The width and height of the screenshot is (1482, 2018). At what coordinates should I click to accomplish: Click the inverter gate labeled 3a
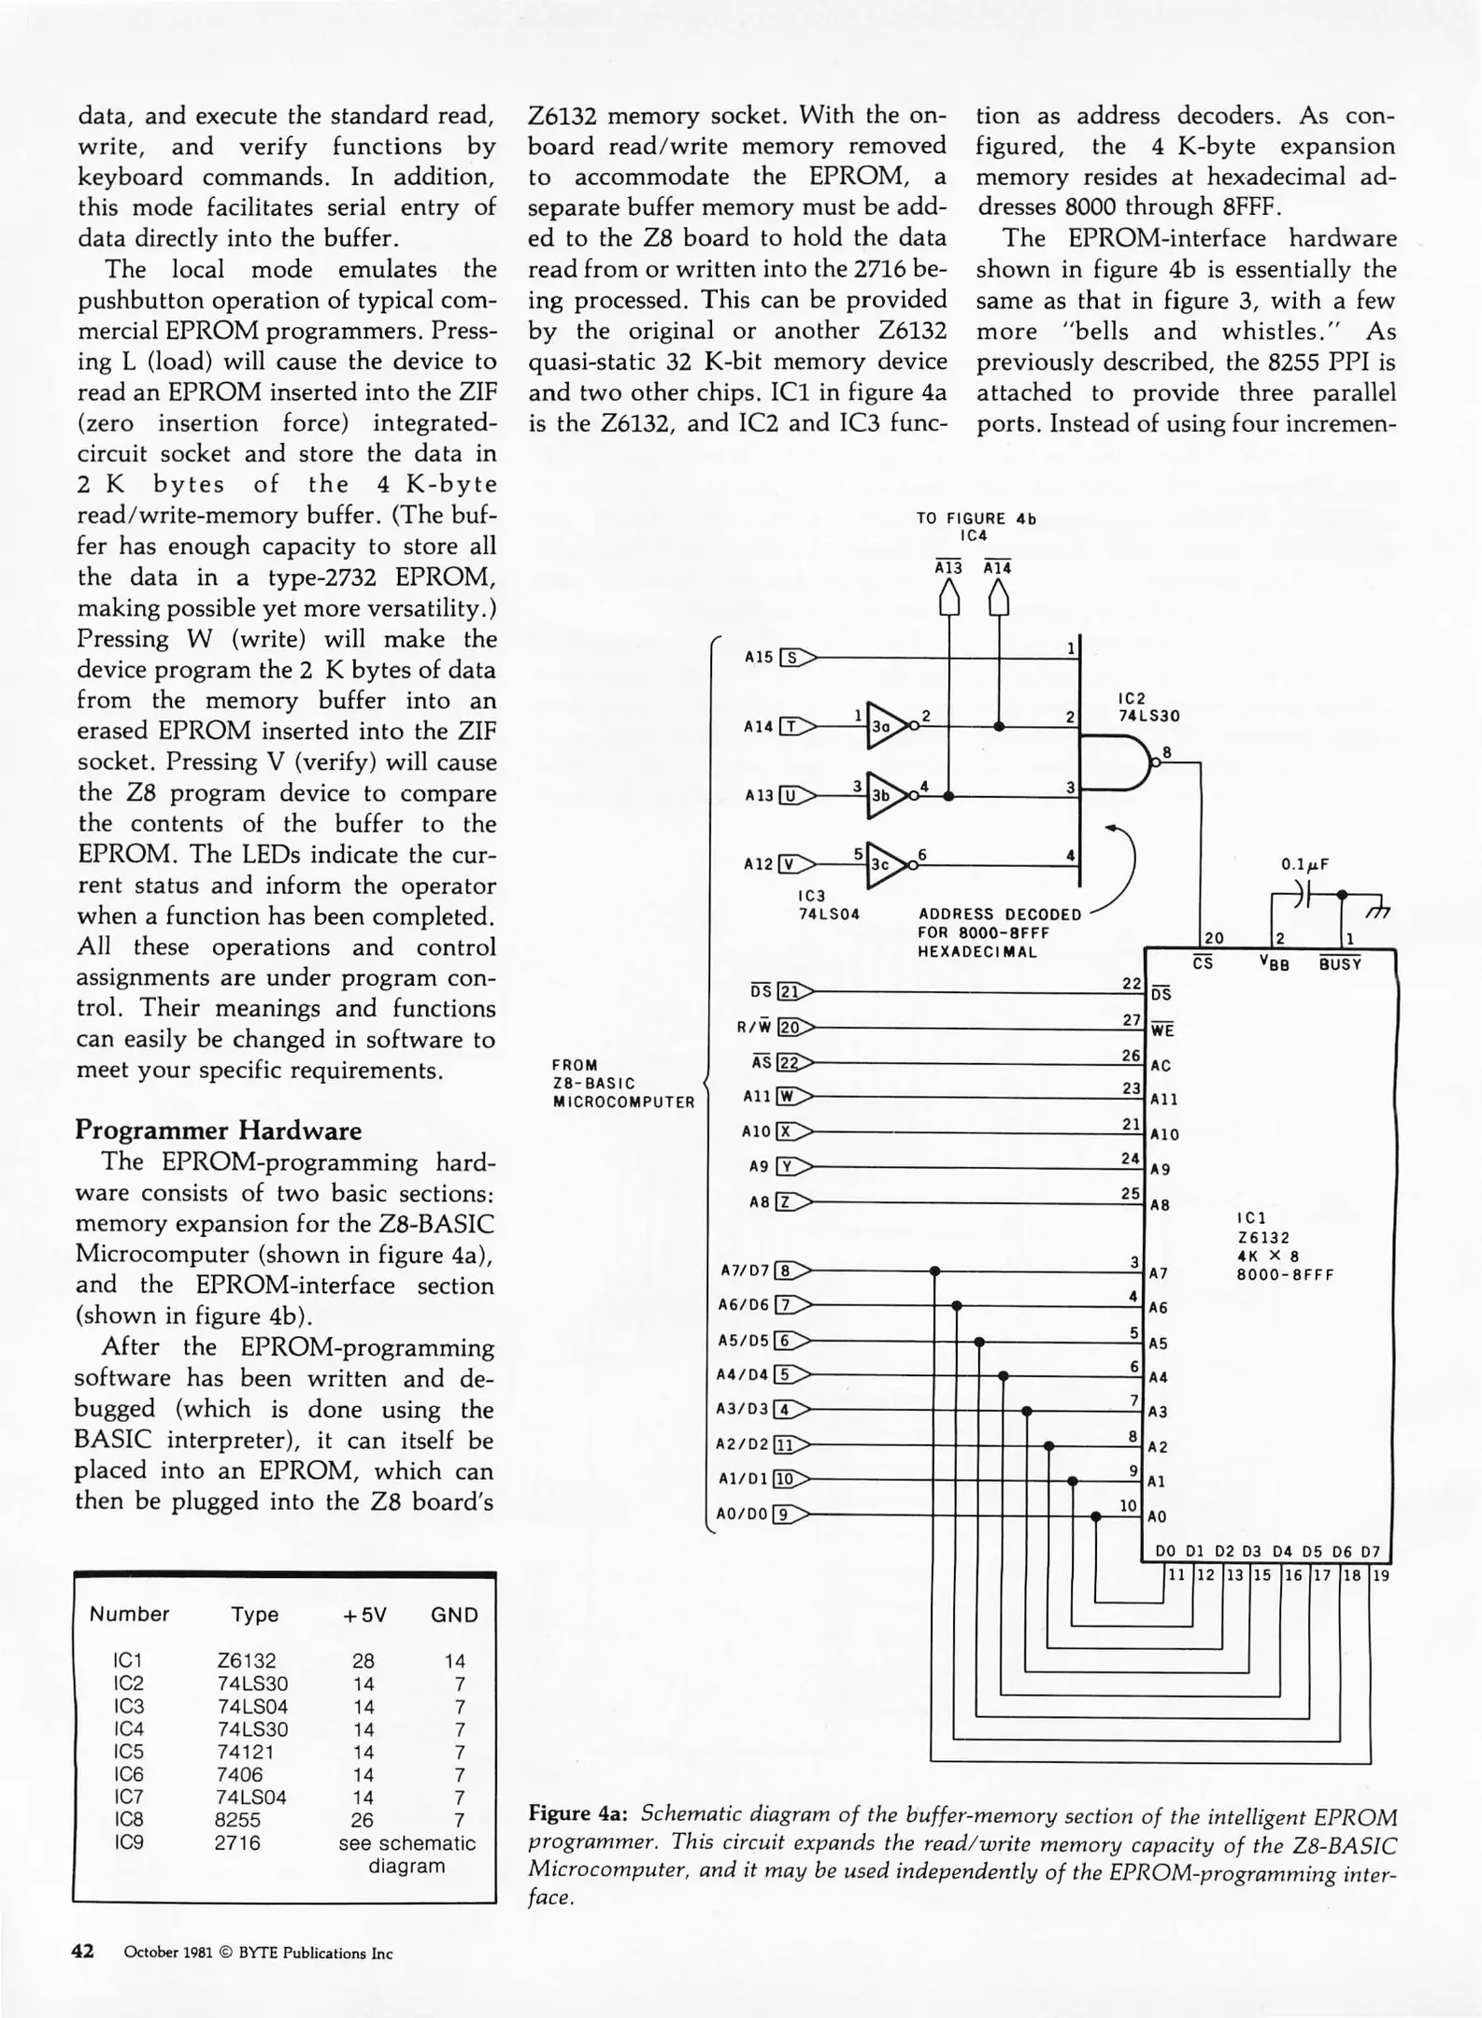pos(883,725)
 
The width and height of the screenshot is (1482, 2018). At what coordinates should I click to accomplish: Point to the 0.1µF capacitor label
pos(1305,864)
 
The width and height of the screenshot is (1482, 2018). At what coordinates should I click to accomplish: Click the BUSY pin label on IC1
pos(1340,964)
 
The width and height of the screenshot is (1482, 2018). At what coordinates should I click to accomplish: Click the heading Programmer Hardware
pos(218,1130)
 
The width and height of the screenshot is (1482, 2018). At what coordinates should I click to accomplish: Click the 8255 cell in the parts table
pos(238,1820)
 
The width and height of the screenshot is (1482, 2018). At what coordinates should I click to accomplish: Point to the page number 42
pos(83,1951)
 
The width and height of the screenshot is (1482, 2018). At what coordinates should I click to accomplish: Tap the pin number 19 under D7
pos(1381,1575)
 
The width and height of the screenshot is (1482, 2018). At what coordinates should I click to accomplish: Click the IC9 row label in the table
pos(128,1842)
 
